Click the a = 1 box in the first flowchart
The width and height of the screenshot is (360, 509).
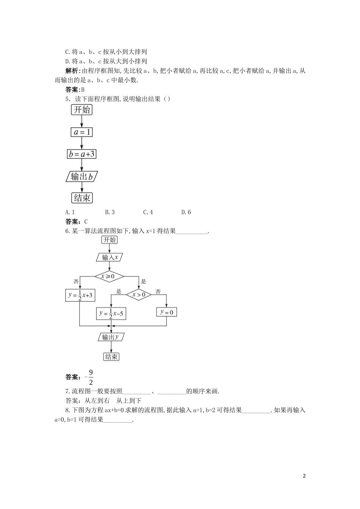click(81, 132)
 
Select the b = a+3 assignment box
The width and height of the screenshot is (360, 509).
click(81, 154)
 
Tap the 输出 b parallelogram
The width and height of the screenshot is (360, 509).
click(81, 176)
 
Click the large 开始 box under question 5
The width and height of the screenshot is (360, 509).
click(82, 110)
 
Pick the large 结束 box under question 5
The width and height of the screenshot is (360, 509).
click(82, 198)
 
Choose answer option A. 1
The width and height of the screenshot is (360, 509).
click(70, 212)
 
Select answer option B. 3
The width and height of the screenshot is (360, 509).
click(110, 212)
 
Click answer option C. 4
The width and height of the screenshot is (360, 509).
click(148, 212)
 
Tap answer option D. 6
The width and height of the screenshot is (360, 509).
click(186, 212)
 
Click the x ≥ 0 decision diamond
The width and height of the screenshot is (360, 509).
click(110, 276)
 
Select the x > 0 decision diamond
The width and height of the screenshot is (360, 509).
click(138, 294)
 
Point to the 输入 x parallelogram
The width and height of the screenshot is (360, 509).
click(110, 258)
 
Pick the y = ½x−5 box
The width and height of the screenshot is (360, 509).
click(111, 313)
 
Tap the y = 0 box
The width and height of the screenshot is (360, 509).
click(167, 312)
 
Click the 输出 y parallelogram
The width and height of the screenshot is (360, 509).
click(111, 337)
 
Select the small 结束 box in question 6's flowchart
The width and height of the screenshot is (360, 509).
click(111, 357)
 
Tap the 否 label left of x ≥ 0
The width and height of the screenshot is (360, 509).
click(76, 281)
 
